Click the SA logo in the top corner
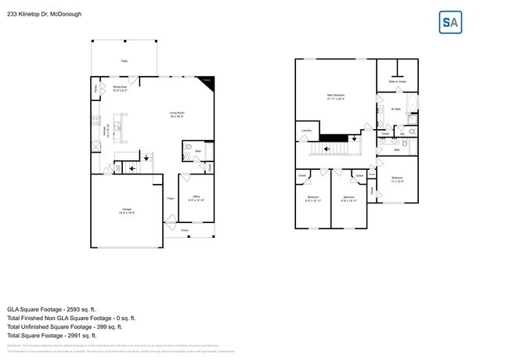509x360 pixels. pyautogui.click(x=449, y=23)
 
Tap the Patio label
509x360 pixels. pyautogui.click(x=124, y=60)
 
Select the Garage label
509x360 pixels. pyautogui.click(x=126, y=210)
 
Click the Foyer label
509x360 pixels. pyautogui.click(x=170, y=199)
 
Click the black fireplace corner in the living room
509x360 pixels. pyautogui.click(x=206, y=81)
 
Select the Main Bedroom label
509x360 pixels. pyautogui.click(x=336, y=95)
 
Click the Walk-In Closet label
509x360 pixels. pyautogui.click(x=397, y=81)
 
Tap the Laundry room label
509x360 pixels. pyautogui.click(x=305, y=130)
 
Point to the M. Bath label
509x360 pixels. pyautogui.click(x=396, y=109)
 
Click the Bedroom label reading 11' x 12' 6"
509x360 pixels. pyautogui.click(x=397, y=179)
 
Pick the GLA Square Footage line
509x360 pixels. pyautogui.click(x=60, y=308)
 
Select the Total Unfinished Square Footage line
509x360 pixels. pyautogui.click(x=71, y=328)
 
